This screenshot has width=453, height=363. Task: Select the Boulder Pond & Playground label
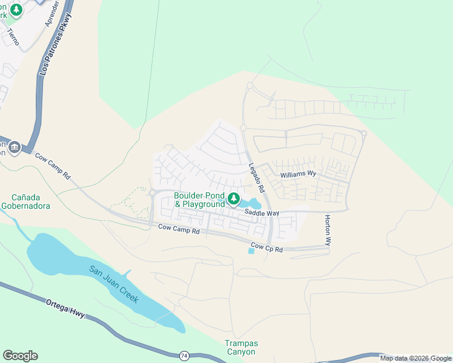click(199, 200)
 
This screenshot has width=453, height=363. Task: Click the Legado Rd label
click(257, 178)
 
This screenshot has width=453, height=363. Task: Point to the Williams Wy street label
click(299, 174)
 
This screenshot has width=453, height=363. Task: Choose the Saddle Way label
click(262, 213)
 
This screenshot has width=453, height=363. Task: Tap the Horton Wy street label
click(328, 230)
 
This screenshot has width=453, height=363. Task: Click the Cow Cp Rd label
click(267, 248)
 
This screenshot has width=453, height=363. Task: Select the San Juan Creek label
click(114, 284)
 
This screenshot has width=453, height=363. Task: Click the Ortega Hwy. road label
click(66, 309)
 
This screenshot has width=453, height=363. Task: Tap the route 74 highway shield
click(184, 355)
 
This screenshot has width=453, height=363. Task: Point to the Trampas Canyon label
click(241, 347)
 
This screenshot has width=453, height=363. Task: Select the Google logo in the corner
click(20, 355)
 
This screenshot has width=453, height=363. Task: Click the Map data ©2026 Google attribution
click(415, 358)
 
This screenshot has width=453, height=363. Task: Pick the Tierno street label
click(13, 38)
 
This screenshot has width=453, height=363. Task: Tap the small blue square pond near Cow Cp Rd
click(251, 250)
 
